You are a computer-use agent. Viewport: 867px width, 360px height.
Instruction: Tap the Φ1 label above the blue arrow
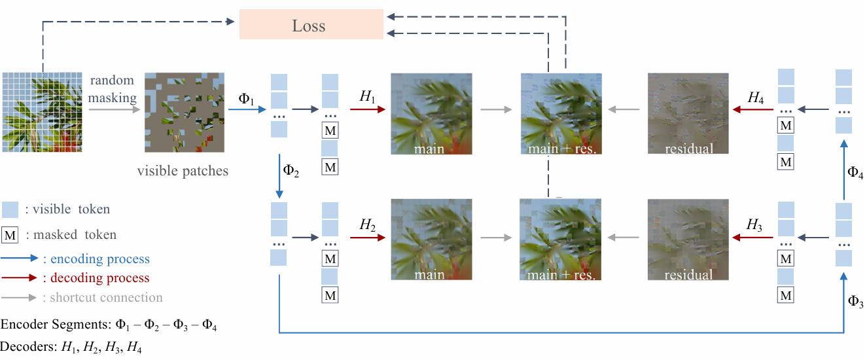click(x=247, y=99)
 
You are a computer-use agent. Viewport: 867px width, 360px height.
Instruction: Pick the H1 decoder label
click(x=367, y=96)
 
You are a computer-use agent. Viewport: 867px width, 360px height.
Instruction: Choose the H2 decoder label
click(x=367, y=225)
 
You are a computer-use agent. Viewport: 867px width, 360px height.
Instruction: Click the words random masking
click(x=112, y=89)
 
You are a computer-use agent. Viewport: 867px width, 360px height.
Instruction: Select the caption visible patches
click(x=183, y=171)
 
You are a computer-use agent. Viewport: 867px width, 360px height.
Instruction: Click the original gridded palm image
click(x=40, y=112)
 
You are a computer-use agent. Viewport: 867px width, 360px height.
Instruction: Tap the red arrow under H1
click(x=368, y=111)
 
